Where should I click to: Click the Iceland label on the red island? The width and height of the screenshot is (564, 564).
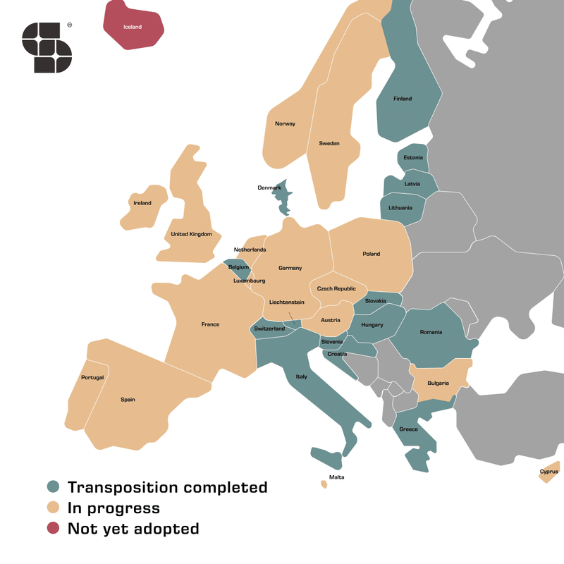tap(133, 27)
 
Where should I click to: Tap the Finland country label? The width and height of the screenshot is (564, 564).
tap(403, 99)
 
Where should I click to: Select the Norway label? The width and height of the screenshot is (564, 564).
tap(285, 124)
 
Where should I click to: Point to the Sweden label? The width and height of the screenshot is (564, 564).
tap(329, 144)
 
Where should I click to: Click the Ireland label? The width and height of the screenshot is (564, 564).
tap(142, 203)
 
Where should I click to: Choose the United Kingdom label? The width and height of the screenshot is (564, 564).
tap(191, 234)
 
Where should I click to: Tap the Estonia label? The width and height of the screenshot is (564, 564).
tap(413, 158)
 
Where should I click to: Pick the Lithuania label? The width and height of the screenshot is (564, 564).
tap(400, 208)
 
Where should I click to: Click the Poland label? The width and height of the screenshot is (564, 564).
tap(371, 254)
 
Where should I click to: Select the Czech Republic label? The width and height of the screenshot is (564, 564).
tap(336, 289)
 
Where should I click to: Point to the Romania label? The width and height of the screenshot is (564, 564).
tap(431, 332)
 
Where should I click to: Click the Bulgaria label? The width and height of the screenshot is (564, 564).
tap(438, 384)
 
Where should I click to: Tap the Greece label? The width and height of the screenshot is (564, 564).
tap(408, 429)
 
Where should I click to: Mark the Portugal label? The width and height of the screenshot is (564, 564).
tap(92, 378)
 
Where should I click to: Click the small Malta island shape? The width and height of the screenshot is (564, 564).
tap(324, 484)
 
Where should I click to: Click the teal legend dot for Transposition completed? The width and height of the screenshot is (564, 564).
tap(53, 487)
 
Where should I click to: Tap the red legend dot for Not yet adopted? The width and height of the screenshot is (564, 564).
tap(53, 528)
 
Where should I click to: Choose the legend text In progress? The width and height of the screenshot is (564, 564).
tap(114, 508)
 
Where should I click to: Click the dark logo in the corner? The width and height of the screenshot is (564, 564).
tap(47, 47)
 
